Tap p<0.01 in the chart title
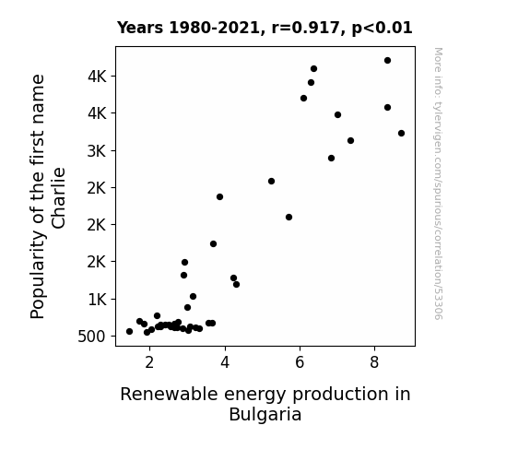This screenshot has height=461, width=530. [382, 29]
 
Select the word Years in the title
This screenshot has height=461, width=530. [140, 28]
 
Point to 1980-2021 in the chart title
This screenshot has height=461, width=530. [215, 28]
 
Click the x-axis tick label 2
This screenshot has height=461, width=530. [149, 362]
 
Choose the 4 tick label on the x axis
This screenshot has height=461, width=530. [225, 362]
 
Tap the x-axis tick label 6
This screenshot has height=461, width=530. [300, 362]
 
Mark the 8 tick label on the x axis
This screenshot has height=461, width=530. [374, 362]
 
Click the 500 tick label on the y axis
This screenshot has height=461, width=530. [91, 337]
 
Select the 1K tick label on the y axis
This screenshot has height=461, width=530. [98, 300]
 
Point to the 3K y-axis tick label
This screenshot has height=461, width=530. [97, 151]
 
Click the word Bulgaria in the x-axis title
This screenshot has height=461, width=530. [265, 415]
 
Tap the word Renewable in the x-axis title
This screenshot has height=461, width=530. [169, 395]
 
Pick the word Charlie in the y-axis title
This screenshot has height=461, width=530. [58, 198]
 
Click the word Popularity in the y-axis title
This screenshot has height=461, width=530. [38, 275]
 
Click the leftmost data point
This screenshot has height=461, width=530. [129, 332]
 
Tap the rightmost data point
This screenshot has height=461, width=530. [401, 134]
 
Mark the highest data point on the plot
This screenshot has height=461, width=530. [388, 61]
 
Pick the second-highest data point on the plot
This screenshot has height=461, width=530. [313, 69]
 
